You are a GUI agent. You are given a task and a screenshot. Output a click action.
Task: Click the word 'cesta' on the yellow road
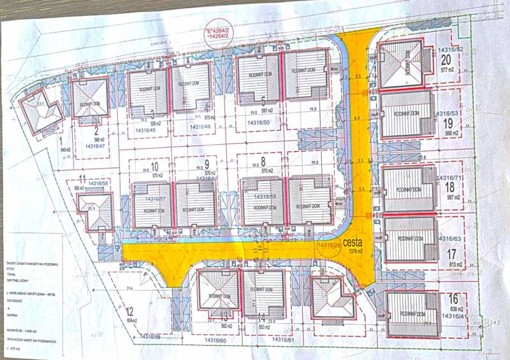353,242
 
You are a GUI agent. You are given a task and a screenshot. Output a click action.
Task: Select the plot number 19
448,123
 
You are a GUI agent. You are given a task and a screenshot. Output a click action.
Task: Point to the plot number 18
449,187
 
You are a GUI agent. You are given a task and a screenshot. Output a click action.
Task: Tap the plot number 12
129,312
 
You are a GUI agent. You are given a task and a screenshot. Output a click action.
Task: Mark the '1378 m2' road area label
353,252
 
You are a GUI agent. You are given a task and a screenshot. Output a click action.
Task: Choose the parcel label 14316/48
150,130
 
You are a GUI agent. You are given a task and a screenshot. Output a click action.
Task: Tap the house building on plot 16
414,315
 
